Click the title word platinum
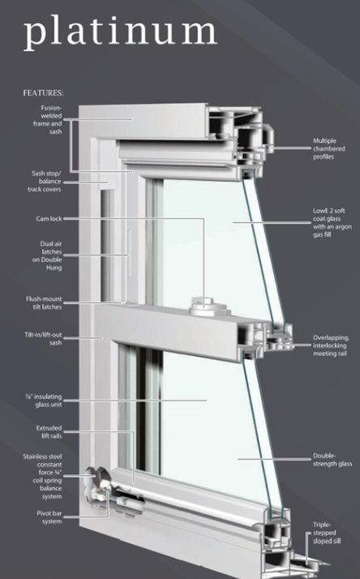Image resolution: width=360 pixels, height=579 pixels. (x=120, y=32)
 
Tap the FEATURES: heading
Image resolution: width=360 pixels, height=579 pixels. (x=43, y=93)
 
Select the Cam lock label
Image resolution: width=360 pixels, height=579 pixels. (x=49, y=219)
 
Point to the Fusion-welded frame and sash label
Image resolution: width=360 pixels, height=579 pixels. (x=48, y=120)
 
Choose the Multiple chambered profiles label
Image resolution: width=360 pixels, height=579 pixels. (x=329, y=148)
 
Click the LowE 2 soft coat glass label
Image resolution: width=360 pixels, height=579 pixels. (x=332, y=223)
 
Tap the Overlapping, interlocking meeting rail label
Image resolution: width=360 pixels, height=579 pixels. (x=331, y=345)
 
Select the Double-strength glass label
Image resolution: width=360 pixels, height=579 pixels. (x=332, y=460)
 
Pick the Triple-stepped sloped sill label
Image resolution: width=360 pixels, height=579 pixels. (x=327, y=533)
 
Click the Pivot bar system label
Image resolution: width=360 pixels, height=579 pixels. (x=49, y=517)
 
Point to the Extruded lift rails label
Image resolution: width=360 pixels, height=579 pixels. (x=49, y=432)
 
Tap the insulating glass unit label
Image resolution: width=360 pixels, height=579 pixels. (x=44, y=401)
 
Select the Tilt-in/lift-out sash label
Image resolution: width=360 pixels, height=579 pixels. (x=43, y=339)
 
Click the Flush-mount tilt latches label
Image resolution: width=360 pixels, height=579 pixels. (x=44, y=302)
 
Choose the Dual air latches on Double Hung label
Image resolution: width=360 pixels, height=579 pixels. (x=47, y=255)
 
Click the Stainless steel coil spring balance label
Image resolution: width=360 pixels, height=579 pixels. (x=42, y=476)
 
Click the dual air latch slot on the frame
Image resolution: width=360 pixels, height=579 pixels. (x=130, y=254)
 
